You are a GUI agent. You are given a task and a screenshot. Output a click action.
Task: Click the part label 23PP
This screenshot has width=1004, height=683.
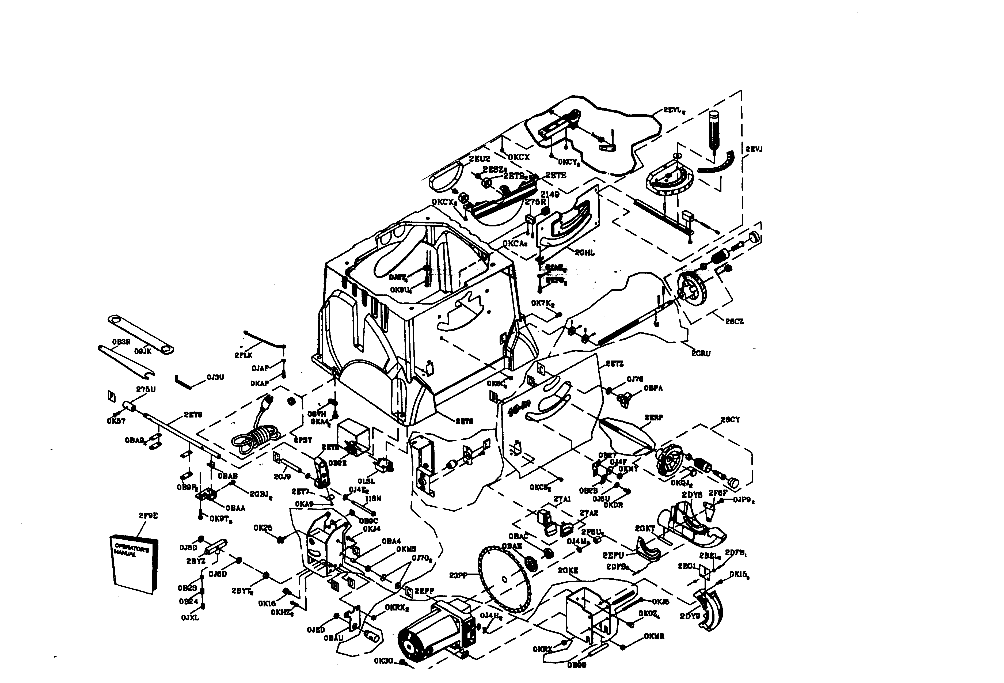click(x=458, y=575)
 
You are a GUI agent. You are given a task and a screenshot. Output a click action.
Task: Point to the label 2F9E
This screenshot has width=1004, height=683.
click(x=148, y=515)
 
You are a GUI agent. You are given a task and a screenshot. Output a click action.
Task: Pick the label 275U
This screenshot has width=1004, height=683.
click(x=146, y=389)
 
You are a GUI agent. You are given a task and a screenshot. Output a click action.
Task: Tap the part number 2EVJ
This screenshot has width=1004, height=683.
click(x=754, y=149)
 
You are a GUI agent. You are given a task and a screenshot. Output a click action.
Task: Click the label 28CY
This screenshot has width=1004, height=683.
click(x=730, y=419)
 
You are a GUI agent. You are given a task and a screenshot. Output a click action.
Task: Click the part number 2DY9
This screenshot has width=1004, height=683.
click(x=690, y=616)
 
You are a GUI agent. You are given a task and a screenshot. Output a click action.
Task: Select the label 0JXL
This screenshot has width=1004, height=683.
click(x=190, y=618)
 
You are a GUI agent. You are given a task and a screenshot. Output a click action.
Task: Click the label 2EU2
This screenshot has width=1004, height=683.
click(x=479, y=159)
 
